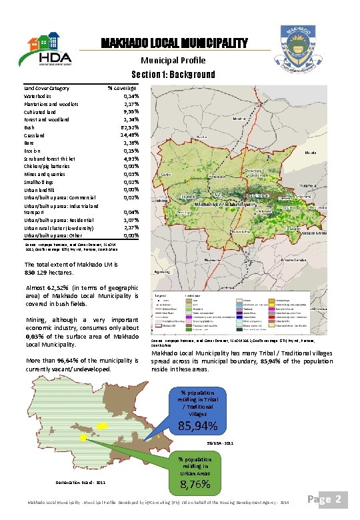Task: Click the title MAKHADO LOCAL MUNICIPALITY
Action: [174, 44]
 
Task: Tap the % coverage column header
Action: [122, 88]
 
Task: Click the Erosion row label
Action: [34, 150]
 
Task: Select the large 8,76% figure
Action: [196, 483]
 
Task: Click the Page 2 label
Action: [331, 498]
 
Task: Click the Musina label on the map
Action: [239, 118]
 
